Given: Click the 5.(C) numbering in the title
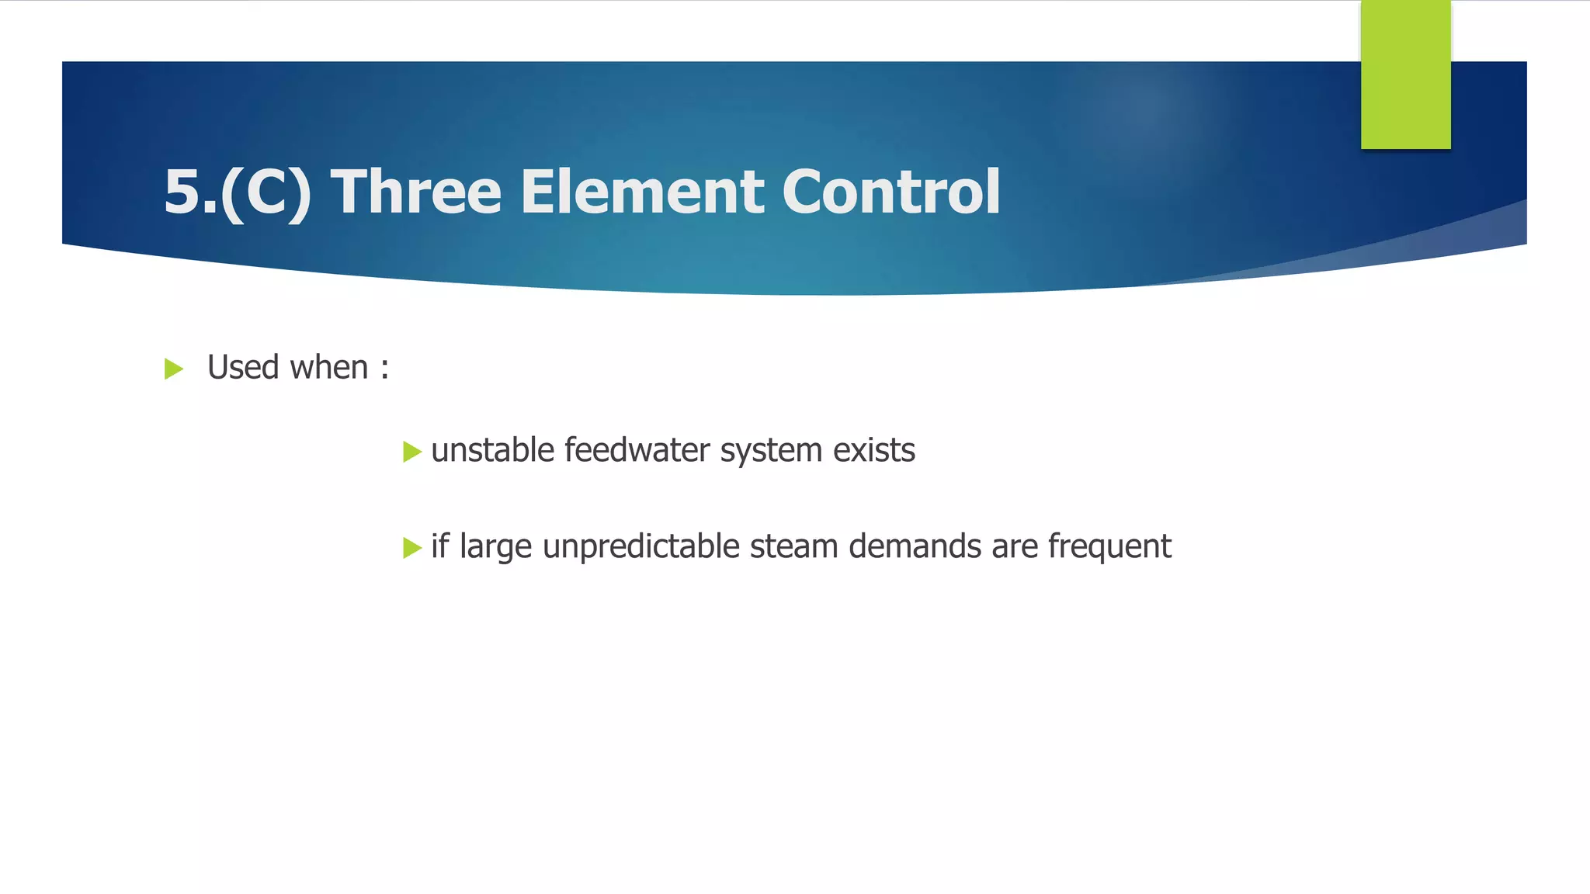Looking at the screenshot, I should [x=238, y=192].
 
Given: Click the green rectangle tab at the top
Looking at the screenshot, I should [x=1405, y=74].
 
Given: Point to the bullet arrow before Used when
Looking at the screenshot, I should [x=174, y=369].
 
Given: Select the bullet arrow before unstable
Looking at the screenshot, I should [x=411, y=452].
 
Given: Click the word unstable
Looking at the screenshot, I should [x=492, y=450].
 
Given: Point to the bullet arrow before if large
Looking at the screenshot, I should [x=411, y=549].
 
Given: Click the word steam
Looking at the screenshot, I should [x=793, y=547].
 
